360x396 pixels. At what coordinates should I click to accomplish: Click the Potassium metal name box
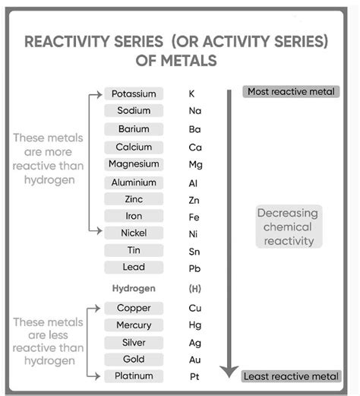tap(134, 93)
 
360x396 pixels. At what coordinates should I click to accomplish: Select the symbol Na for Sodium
tap(194, 111)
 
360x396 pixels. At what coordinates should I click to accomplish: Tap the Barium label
tap(134, 128)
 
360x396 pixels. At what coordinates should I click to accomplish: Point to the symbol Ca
tap(194, 147)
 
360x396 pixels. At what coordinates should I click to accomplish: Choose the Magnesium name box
tap(134, 164)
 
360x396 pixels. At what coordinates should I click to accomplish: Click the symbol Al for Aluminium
tap(193, 183)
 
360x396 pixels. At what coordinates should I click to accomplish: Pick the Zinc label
tap(134, 199)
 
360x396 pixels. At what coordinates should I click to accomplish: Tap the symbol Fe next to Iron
tap(194, 217)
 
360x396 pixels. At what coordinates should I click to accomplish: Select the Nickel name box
tap(134, 233)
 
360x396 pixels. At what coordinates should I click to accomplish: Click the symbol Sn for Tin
tap(194, 252)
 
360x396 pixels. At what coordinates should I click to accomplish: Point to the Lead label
tap(134, 267)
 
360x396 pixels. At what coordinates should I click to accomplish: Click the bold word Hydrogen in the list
tap(134, 289)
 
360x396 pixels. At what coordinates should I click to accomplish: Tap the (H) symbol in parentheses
tap(194, 289)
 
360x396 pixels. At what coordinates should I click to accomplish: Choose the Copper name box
tap(134, 308)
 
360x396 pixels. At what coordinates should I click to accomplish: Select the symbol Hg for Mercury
tap(194, 326)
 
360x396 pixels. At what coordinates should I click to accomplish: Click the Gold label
tap(134, 359)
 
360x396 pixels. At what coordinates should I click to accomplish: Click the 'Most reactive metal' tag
tap(290, 92)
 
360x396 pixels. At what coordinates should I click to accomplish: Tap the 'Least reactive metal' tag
tap(290, 376)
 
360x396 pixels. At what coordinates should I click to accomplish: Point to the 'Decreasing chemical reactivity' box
tap(288, 227)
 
